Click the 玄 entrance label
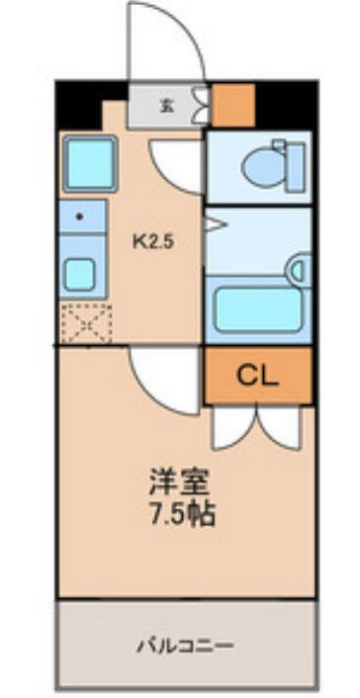coord(168,106)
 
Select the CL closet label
coord(257,376)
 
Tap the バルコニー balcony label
coord(186,647)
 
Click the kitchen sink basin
coord(79,272)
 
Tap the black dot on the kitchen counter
coord(77,213)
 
